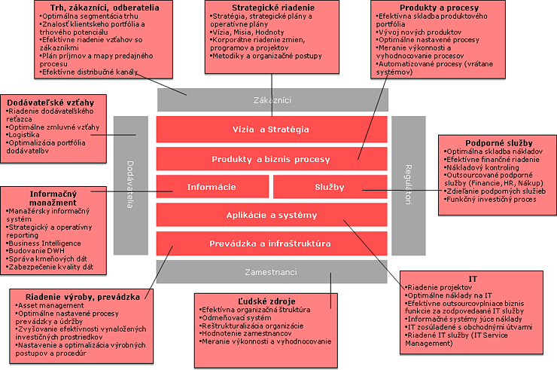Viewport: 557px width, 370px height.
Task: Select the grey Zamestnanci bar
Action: [280, 272]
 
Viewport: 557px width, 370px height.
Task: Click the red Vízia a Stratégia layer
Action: [270, 130]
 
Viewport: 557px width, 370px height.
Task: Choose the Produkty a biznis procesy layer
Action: [270, 159]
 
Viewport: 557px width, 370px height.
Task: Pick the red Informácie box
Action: [212, 187]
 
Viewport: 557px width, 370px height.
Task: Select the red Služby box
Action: [329, 187]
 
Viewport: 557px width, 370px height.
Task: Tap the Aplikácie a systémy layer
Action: [272, 216]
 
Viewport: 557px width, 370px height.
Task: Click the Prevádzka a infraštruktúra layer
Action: [270, 243]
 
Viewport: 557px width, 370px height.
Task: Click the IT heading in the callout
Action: [473, 279]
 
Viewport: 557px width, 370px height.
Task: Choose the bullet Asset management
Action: [44, 305]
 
